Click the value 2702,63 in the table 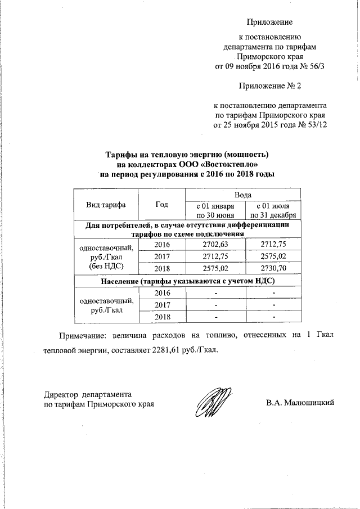pos(214,245)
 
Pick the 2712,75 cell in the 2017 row pos(214,257)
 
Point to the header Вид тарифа pos(105,205)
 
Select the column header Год pos(161,205)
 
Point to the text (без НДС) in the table pos(105,265)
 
